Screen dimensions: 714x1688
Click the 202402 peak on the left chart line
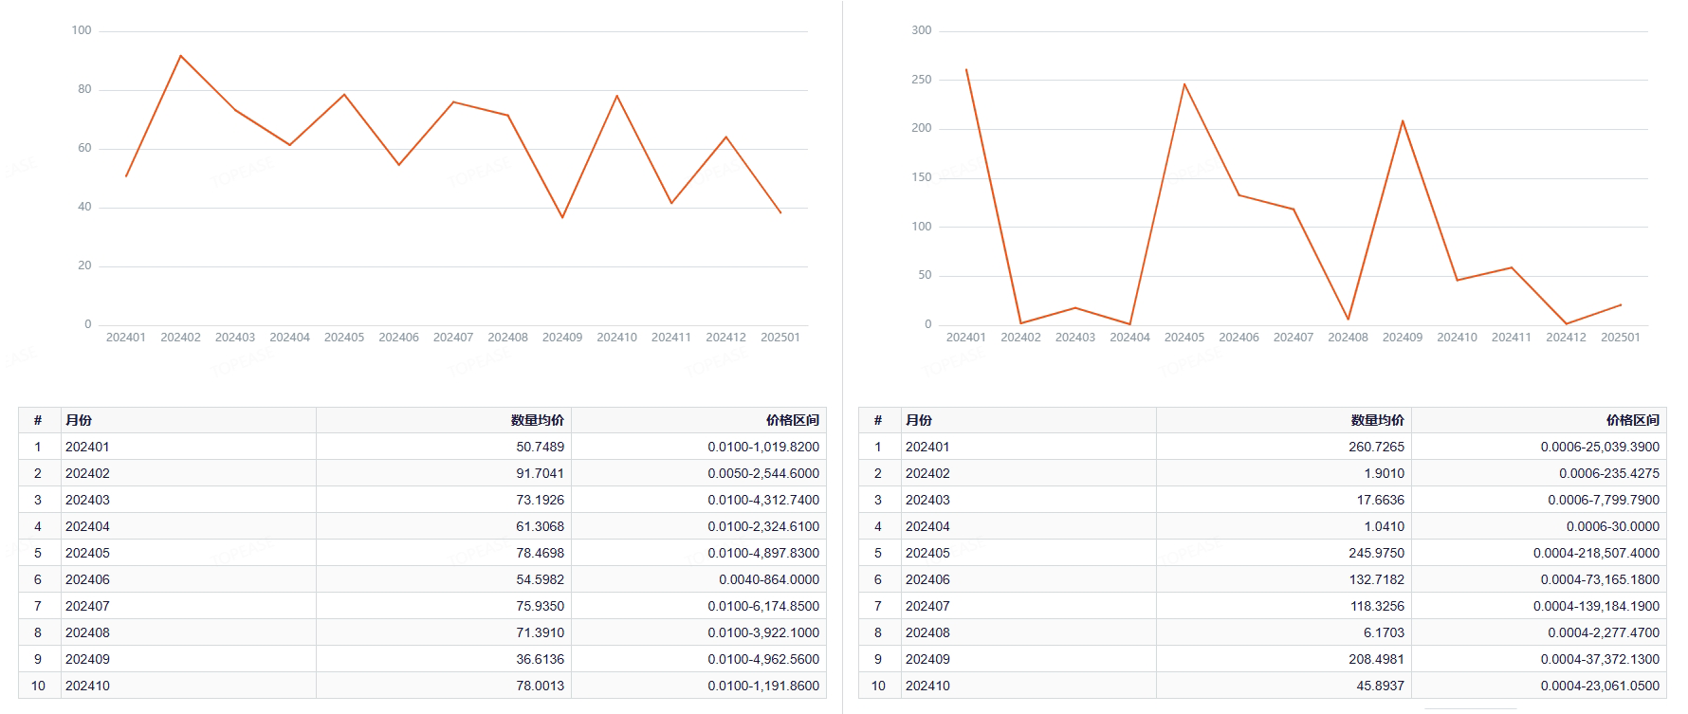coord(180,56)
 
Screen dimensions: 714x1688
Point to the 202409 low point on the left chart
coord(562,218)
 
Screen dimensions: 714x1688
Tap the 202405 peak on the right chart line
coord(1184,84)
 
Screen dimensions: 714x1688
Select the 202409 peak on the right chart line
coord(1403,120)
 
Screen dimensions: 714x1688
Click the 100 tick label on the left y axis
coord(82,30)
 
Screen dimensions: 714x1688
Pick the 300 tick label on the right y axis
coord(922,30)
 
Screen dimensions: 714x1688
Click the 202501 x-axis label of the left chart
coord(780,338)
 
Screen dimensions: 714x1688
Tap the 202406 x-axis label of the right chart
coord(1238,338)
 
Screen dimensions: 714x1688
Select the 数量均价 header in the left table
coord(537,420)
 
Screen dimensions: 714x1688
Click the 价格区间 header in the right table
coord(1632,420)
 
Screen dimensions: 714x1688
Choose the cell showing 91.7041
coord(540,473)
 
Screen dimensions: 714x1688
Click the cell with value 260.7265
coord(1376,447)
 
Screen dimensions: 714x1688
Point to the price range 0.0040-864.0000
coord(768,579)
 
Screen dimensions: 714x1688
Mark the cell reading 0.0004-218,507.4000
coord(1596,553)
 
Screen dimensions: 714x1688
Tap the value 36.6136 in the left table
coord(540,659)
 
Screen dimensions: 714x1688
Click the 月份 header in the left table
coord(79,420)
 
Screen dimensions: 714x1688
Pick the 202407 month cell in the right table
coord(927,606)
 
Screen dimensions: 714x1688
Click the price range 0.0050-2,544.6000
coord(762,473)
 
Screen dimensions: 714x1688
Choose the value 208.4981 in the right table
coord(1376,659)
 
